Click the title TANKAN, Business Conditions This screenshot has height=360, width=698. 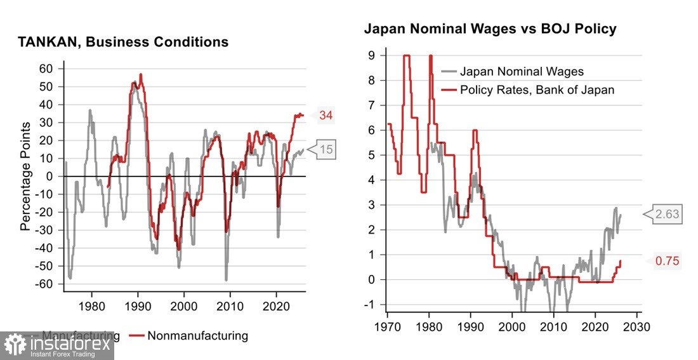(123, 43)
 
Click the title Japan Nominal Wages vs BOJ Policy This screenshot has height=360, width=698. (490, 29)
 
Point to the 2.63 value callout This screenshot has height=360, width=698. (666, 215)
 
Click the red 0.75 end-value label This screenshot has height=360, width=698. (666, 260)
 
